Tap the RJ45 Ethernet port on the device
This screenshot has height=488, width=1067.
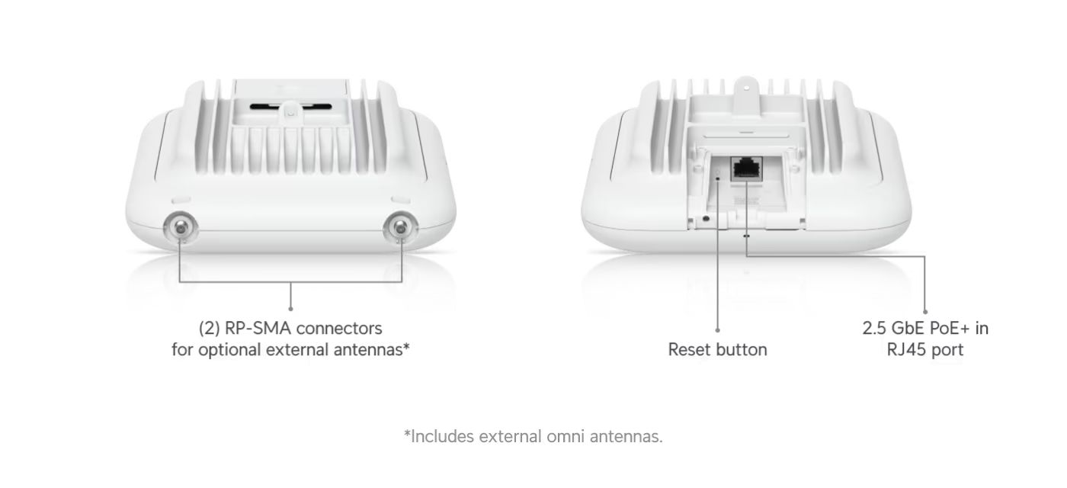(x=742, y=169)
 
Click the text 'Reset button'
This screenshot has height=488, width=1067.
(x=717, y=350)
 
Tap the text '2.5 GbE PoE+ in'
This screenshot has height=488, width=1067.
(x=925, y=329)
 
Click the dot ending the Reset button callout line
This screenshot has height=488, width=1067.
(x=718, y=330)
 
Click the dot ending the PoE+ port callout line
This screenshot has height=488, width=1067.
(x=925, y=311)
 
